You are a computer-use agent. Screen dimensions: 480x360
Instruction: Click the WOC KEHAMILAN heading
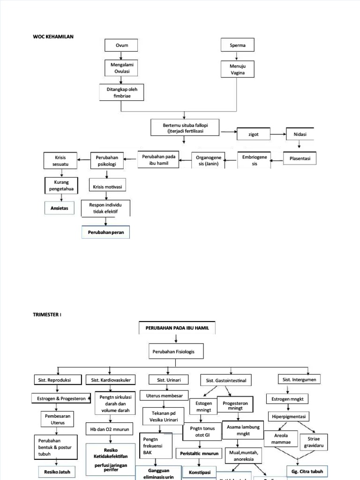tap(53, 36)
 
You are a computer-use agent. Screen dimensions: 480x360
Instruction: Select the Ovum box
tap(121, 45)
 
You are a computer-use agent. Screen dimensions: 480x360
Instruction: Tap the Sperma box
tap(237, 45)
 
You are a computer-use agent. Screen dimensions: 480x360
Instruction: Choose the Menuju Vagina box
tap(238, 69)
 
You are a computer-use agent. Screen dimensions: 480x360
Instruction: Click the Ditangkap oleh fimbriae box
tap(121, 92)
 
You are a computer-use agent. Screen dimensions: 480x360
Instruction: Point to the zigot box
tap(254, 135)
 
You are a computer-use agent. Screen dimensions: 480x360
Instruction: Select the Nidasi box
tap(300, 135)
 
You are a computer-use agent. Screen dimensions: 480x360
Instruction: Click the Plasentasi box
tap(300, 159)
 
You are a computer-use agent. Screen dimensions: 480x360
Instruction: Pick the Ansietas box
tap(59, 208)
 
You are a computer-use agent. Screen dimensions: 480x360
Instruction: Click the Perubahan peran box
tap(106, 232)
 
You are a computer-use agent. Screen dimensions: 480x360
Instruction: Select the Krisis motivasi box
tap(107, 187)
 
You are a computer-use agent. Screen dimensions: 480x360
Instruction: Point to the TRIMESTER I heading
tap(47, 315)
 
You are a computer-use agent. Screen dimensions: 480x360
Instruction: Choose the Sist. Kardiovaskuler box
tap(112, 380)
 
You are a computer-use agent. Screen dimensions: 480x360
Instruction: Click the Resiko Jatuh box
tap(57, 472)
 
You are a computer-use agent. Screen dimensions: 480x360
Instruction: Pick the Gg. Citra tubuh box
tap(307, 471)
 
